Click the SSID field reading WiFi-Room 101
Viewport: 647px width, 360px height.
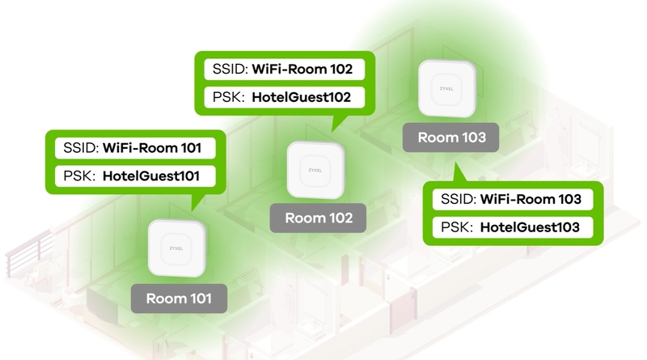coord(135,148)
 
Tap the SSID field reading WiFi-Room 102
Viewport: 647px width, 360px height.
coord(285,69)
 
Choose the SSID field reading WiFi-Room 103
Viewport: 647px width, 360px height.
coord(513,199)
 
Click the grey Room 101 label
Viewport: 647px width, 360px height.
coord(179,298)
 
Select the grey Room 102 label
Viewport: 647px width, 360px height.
coord(318,218)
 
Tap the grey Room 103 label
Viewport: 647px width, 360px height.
coord(451,137)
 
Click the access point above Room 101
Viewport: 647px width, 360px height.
coord(176,248)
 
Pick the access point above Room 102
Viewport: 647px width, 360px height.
coord(315,170)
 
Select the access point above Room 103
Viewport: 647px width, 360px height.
coord(447,88)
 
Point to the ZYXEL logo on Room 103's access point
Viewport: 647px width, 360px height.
coord(446,89)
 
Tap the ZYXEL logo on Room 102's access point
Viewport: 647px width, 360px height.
coord(315,170)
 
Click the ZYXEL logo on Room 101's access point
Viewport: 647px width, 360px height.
coord(176,248)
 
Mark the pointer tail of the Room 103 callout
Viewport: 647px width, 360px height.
coord(458,173)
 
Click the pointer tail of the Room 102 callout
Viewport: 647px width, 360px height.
coord(338,123)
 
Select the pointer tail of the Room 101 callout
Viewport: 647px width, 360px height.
coord(197,202)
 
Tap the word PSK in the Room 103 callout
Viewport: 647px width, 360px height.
coord(456,227)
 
